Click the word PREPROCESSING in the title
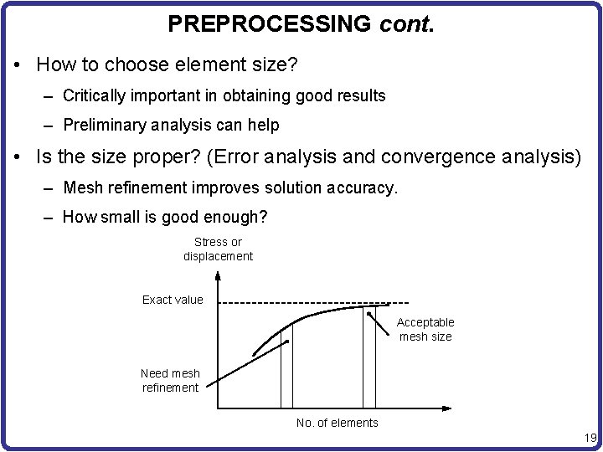pos(269,23)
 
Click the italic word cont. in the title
pos(406,23)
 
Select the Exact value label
pos(173,300)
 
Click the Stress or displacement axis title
pos(218,249)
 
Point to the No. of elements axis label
pos(337,423)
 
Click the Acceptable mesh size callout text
pos(425,329)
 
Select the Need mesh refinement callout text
pos(170,380)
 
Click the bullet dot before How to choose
pos(18,64)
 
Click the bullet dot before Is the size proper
pos(18,157)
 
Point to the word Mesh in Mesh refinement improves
pos(80,187)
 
